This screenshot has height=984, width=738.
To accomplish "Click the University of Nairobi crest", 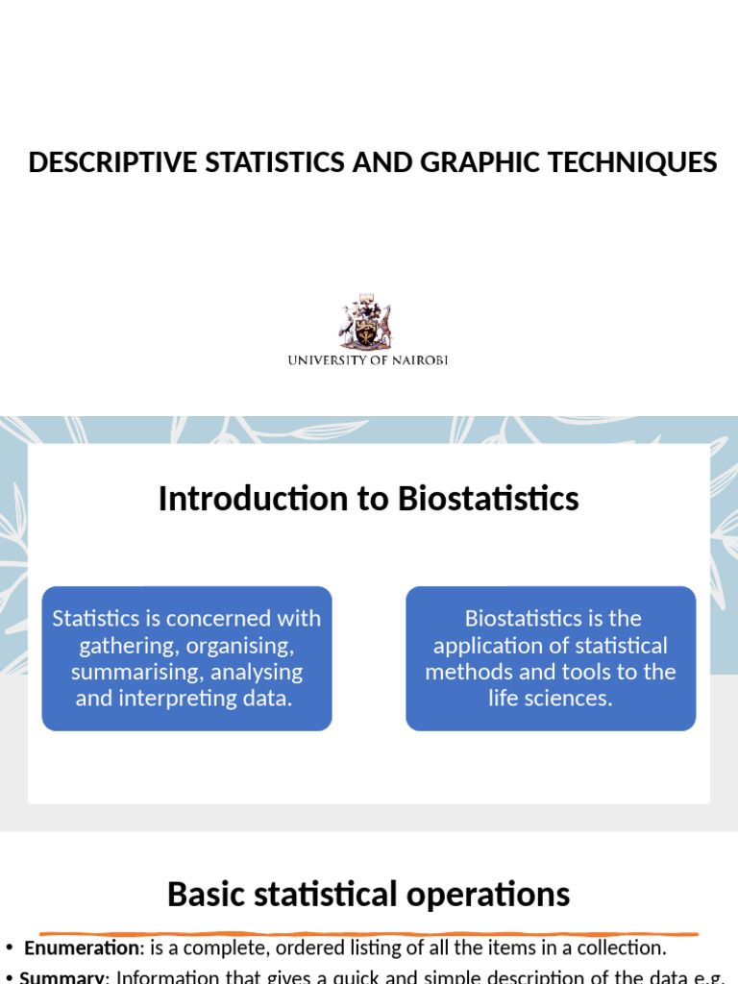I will pos(366,323).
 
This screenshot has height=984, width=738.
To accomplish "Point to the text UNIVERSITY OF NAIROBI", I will pos(368,360).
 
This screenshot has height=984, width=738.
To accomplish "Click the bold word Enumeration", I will pos(82,948).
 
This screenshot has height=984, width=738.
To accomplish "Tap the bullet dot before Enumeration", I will pos(9,948).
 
